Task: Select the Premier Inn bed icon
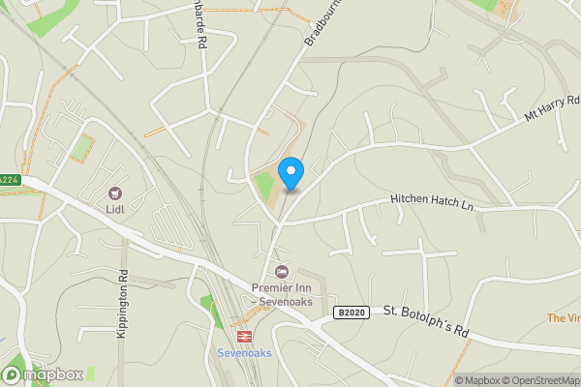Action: click(282, 271)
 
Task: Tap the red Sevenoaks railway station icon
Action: click(247, 336)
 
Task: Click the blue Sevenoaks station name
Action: click(244, 352)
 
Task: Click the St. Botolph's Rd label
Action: click(425, 322)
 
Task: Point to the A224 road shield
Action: click(8, 180)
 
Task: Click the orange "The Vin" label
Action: click(563, 317)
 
